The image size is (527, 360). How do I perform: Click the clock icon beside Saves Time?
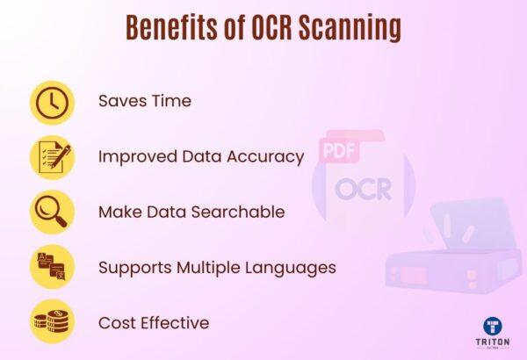(x=52, y=102)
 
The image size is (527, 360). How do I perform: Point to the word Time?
(x=170, y=101)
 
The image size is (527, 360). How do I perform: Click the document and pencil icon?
(x=52, y=157)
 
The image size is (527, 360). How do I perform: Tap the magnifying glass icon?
(x=52, y=212)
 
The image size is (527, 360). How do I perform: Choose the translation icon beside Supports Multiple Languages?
(x=52, y=267)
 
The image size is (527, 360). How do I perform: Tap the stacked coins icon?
(x=52, y=322)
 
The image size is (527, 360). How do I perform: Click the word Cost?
(x=117, y=323)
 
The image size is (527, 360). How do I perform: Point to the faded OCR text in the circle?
(x=363, y=189)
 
